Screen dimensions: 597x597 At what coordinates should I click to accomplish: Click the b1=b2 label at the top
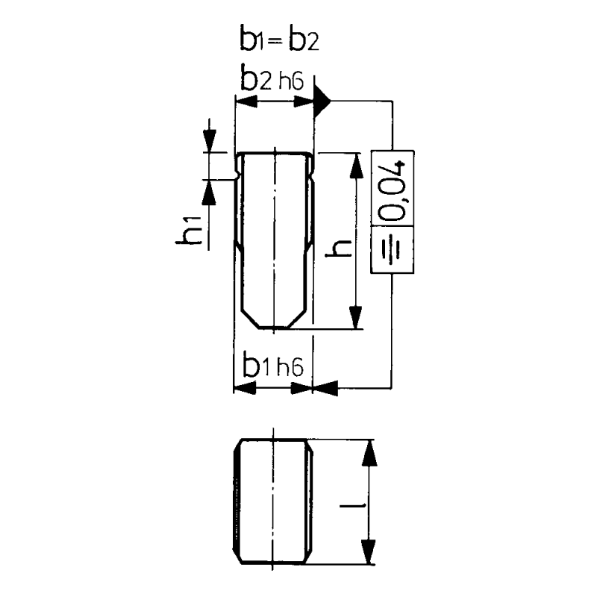[279, 39]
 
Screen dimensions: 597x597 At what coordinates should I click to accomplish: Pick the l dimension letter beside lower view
[353, 506]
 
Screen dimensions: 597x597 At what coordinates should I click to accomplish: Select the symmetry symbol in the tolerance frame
[393, 249]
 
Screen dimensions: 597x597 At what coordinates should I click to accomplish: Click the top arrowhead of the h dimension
[356, 166]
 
